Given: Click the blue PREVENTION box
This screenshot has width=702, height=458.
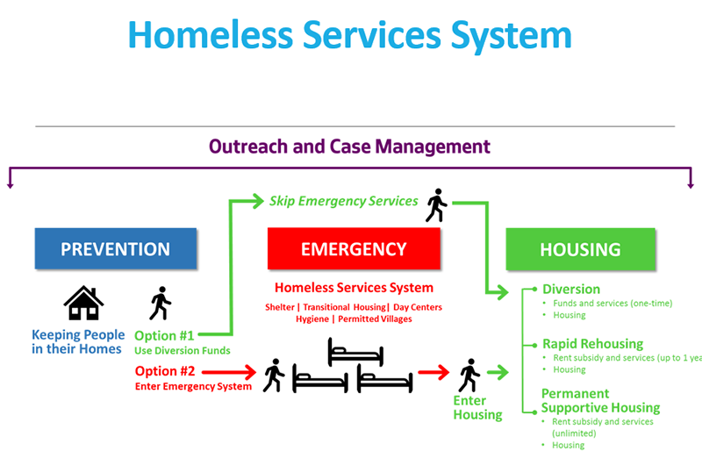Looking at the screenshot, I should pyautogui.click(x=115, y=249).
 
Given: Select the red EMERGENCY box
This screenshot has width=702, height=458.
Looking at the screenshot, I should pyautogui.click(x=354, y=249).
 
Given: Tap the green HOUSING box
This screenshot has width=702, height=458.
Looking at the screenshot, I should pyautogui.click(x=580, y=249).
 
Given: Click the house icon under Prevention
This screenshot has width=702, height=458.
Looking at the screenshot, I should pyautogui.click(x=83, y=304).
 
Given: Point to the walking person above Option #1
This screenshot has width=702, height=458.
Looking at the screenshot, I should pyautogui.click(x=160, y=304).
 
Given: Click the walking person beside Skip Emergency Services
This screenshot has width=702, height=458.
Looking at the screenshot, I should pyautogui.click(x=436, y=205).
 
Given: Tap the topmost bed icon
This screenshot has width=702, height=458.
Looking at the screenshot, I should pyautogui.click(x=355, y=353).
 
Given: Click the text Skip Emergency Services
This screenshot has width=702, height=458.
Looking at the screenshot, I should pyautogui.click(x=343, y=201).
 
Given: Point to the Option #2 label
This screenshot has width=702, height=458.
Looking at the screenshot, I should pyautogui.click(x=163, y=370).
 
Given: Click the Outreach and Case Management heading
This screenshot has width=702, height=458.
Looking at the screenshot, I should pyautogui.click(x=349, y=147).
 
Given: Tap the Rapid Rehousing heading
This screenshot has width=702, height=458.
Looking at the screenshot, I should pyautogui.click(x=592, y=344).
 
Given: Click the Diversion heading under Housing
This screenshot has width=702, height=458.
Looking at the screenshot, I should pyautogui.click(x=570, y=290).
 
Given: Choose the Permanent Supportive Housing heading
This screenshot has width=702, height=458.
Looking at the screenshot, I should pyautogui.click(x=600, y=400).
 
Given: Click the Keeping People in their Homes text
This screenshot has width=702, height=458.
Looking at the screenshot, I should pyautogui.click(x=78, y=342).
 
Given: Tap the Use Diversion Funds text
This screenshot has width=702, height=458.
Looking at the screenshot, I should pyautogui.click(x=183, y=351).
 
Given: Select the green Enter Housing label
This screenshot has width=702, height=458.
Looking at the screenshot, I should pyautogui.click(x=477, y=408).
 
